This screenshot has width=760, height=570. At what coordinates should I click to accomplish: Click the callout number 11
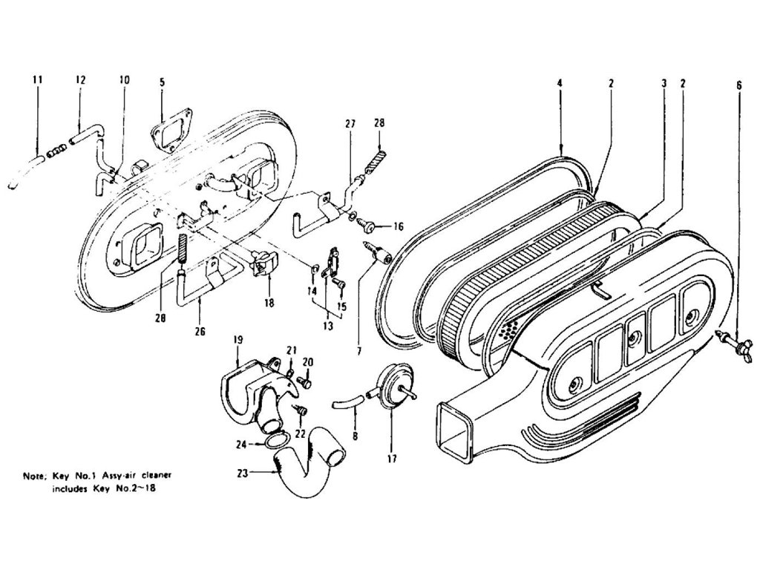pos(38,79)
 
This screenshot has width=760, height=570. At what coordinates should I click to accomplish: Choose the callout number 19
pos(238,341)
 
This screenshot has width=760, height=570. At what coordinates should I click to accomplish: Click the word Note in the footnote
pos(34,474)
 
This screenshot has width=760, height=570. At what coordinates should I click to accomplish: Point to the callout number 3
pos(663,84)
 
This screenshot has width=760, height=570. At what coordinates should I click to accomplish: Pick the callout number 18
pos(269,303)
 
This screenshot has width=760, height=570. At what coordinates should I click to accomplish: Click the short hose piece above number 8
pos(345,402)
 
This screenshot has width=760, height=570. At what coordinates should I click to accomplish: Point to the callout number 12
pos(80,79)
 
